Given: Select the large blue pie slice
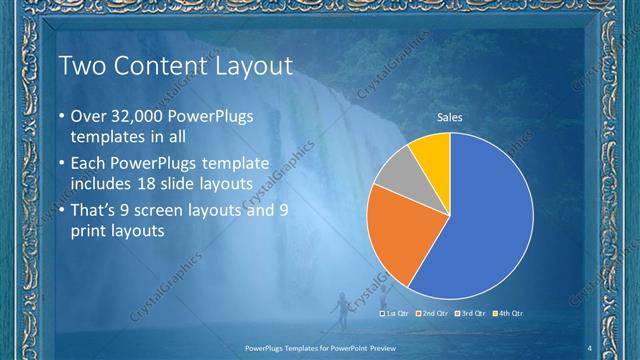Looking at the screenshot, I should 490,220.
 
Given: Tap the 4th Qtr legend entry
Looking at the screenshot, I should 509,313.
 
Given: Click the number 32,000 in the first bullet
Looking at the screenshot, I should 138,116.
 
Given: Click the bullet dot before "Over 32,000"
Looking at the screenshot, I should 62,117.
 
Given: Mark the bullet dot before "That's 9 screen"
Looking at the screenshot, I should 62,210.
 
